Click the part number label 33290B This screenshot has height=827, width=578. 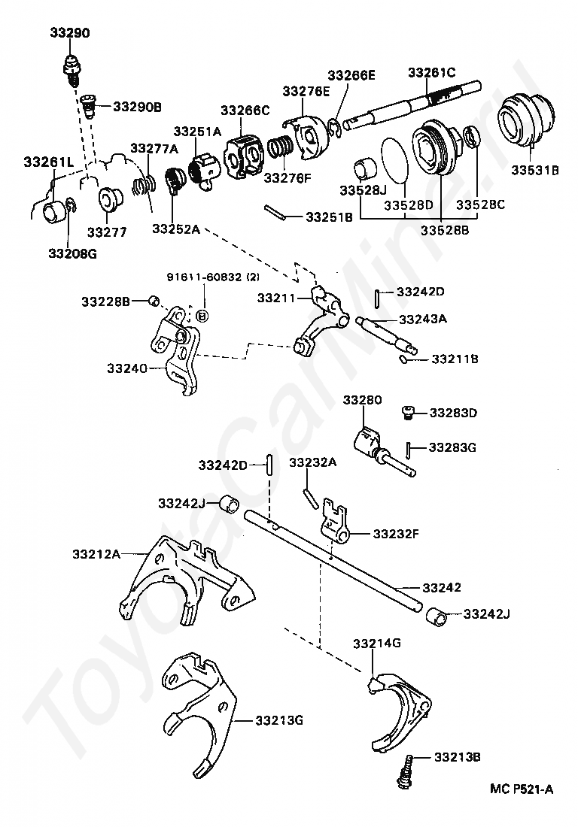[x=137, y=107]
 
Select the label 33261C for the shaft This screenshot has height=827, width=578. [x=432, y=73]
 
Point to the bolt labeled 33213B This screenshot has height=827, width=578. [x=406, y=771]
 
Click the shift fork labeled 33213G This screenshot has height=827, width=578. [x=197, y=714]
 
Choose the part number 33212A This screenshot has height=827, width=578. [x=96, y=554]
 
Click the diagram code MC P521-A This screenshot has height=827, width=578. [x=522, y=789]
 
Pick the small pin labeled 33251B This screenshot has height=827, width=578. [x=275, y=213]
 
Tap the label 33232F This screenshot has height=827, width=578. [x=394, y=535]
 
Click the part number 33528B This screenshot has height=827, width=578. [x=444, y=231]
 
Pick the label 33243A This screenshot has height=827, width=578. [x=422, y=319]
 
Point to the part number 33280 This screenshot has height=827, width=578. [x=363, y=400]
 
